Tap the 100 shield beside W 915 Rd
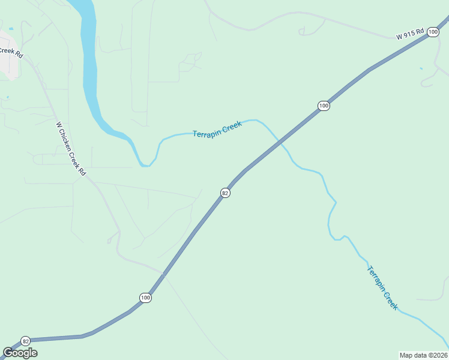433,31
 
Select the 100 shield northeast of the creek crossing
324,106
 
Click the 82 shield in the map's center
225,193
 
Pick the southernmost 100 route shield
145,298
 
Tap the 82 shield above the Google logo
25,341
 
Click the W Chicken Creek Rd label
71,149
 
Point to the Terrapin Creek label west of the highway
217,129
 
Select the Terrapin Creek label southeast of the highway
382,287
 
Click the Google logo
20,353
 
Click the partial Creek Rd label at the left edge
11,52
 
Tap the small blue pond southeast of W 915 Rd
421,68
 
